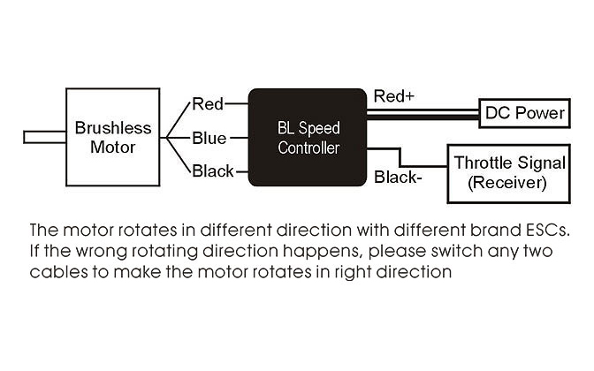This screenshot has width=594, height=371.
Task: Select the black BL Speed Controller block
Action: coord(308,137)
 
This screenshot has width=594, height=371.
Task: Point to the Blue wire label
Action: coord(209,138)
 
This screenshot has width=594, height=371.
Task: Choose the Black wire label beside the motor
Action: coord(213,170)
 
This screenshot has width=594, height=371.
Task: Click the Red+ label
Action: coord(393,95)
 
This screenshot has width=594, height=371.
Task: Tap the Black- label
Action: coord(399,177)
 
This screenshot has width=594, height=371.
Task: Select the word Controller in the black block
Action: coord(308,148)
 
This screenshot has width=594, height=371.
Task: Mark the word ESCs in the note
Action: coord(546,231)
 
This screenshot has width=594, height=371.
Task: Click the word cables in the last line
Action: coord(55,272)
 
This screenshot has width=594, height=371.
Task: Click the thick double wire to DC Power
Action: coord(423,112)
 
